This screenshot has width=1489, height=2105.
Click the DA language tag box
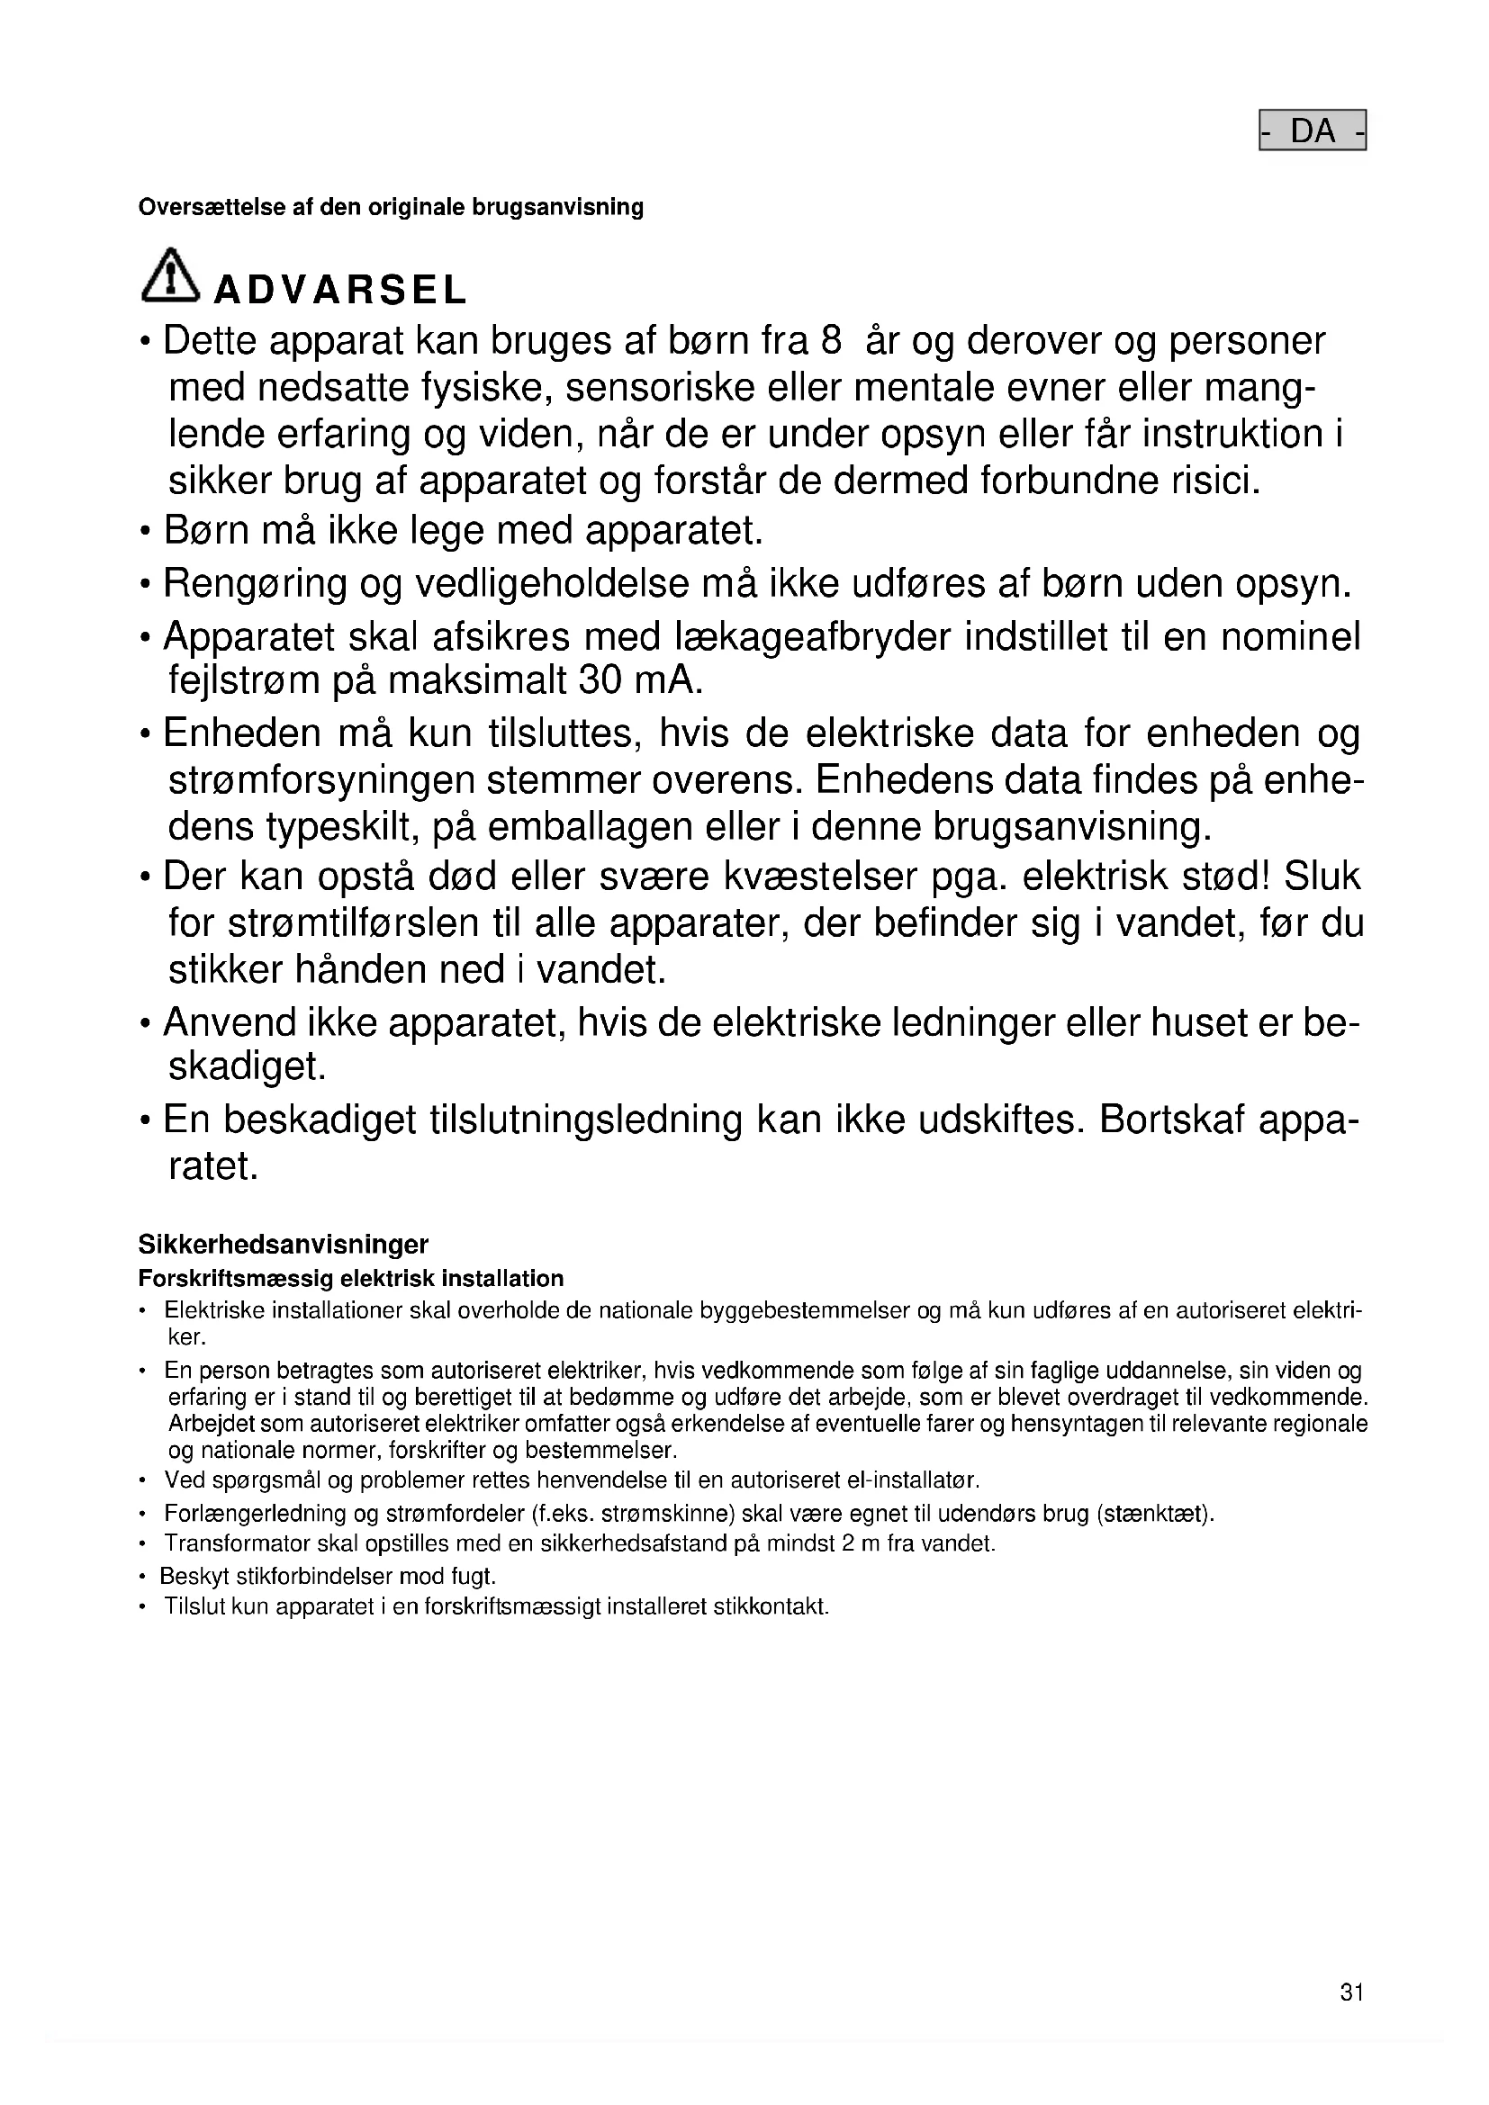click(x=1312, y=130)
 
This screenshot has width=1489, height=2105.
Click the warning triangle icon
click(x=169, y=275)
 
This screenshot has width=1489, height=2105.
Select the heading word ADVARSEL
click(x=340, y=291)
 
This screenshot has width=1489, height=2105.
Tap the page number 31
click(x=1351, y=2017)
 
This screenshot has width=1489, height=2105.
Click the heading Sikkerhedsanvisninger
click(x=284, y=1244)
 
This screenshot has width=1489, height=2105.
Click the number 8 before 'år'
click(x=831, y=341)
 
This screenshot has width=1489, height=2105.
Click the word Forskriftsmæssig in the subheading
click(x=235, y=1278)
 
